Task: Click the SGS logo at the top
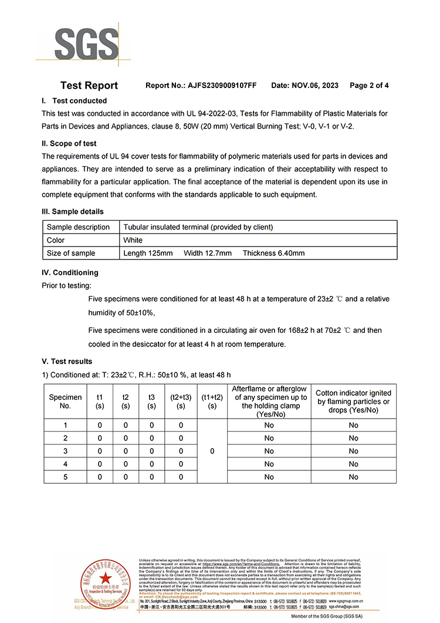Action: point(86,43)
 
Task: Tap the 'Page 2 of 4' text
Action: point(369,86)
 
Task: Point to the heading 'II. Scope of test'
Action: point(69,143)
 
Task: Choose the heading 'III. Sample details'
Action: point(73,211)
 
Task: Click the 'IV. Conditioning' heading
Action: point(70,272)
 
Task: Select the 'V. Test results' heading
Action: point(67,361)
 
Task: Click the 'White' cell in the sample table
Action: point(133,240)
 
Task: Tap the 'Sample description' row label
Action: point(78,227)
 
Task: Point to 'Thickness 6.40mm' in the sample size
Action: point(273,253)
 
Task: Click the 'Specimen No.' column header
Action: point(65,402)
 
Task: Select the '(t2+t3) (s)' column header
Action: point(181,402)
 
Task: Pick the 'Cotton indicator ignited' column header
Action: point(353,402)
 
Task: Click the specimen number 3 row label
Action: point(65,451)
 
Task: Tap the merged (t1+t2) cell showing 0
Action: point(212,451)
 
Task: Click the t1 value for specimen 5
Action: point(100,477)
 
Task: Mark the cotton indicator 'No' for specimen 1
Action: point(353,425)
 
